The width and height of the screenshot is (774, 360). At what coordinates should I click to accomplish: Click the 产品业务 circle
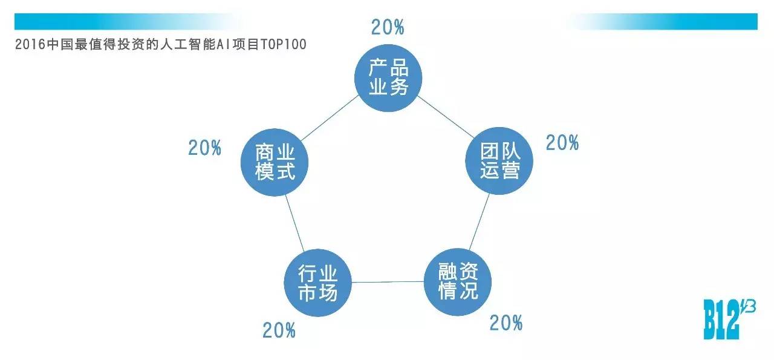click(x=388, y=77)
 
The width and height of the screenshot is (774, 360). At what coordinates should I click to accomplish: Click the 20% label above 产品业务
click(x=387, y=27)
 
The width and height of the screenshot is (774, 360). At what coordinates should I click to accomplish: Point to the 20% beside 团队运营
click(x=562, y=143)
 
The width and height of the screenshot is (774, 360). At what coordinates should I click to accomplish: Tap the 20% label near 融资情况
click(x=506, y=323)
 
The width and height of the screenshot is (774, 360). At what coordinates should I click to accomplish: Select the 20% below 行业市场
click(x=279, y=330)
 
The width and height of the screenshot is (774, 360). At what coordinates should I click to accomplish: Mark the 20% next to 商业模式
click(x=204, y=148)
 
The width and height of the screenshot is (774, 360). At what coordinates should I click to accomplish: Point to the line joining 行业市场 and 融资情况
click(x=388, y=282)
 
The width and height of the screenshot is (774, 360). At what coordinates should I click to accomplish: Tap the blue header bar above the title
click(x=121, y=22)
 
